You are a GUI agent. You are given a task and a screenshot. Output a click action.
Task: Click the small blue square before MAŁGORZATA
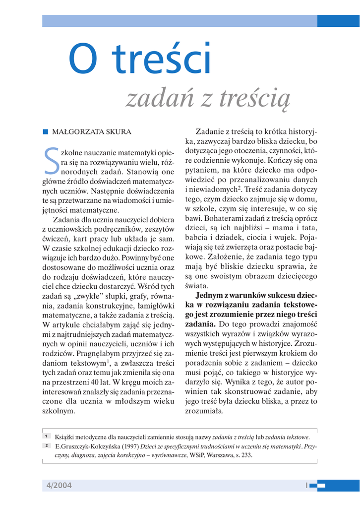click(45, 132)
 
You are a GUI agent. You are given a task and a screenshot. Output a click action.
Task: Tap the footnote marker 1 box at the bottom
click(46, 437)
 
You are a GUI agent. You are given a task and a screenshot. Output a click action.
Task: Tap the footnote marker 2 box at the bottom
click(46, 446)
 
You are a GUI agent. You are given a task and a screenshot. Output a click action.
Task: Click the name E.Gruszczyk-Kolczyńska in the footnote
click(86, 446)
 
